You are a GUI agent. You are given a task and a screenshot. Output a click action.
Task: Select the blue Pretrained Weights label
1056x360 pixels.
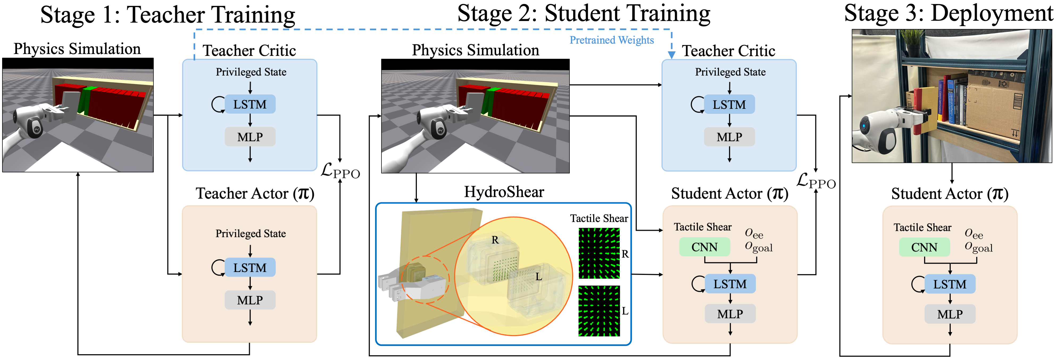pos(611,40)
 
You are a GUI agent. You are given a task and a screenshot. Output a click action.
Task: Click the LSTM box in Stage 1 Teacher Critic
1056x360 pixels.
pos(250,105)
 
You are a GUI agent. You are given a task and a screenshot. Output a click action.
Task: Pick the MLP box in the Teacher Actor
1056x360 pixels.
pos(250,300)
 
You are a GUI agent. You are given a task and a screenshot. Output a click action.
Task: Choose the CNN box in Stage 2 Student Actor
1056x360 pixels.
pos(704,247)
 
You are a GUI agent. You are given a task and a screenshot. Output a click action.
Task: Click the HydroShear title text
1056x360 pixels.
pos(504,192)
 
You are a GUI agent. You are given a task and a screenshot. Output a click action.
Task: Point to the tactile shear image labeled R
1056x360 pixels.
pos(599,253)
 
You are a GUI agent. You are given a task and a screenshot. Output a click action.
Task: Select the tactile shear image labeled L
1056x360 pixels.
pos(599,311)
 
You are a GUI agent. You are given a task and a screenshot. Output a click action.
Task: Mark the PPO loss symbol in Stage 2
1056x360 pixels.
pos(816,181)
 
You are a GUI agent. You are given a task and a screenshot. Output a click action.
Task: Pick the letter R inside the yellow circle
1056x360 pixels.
pos(495,240)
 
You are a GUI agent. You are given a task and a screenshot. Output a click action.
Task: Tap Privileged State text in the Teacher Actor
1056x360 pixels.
pos(251,234)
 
